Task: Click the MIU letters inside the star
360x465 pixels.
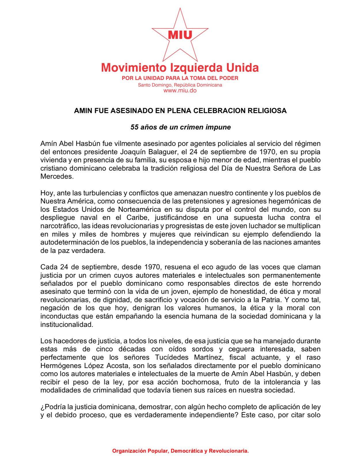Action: coord(180,35)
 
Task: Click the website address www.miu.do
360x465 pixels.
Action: coord(180,91)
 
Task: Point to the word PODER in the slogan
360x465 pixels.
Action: coord(229,78)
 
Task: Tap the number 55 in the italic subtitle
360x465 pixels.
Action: coord(134,127)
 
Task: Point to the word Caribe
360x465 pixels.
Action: coord(137,218)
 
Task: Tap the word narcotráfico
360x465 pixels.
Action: coord(59,226)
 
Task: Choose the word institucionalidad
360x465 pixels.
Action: coord(67,325)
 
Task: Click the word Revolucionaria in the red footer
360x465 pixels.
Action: coord(229,451)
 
